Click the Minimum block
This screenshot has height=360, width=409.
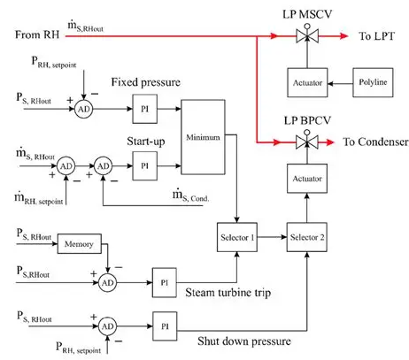coord(203,137)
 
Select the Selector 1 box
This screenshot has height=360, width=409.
coord(237,237)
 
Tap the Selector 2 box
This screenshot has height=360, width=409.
coord(307,237)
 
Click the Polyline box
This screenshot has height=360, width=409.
coord(373,82)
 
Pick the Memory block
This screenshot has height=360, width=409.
coord(80,244)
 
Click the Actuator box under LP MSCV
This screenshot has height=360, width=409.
coord(307,82)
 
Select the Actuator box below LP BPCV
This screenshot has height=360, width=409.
coord(307,179)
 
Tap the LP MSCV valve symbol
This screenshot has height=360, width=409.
coord(307,35)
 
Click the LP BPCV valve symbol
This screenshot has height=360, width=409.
coord(307,142)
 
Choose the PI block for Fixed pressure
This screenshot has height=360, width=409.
coord(145,109)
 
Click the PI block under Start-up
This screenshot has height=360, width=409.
coord(145,165)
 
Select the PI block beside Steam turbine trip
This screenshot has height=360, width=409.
coord(165,282)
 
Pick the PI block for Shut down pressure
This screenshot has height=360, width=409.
coord(165,326)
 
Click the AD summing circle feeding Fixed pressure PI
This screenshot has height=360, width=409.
coord(83,109)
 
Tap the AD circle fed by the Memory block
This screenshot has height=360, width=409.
coord(107,282)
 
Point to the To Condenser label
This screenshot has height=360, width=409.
coord(375,142)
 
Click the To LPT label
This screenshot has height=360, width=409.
coord(376,36)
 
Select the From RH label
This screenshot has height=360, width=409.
coord(37,34)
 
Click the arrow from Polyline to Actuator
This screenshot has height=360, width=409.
coord(340,83)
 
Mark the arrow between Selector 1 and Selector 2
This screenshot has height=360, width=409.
coord(272,237)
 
